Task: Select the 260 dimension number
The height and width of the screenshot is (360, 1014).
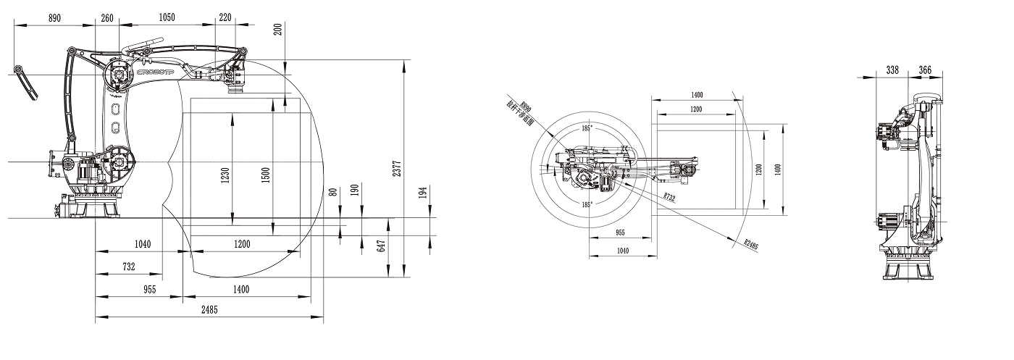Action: (107, 17)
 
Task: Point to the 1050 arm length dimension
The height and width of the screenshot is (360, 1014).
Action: (167, 17)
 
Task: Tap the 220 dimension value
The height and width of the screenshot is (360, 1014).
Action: (225, 17)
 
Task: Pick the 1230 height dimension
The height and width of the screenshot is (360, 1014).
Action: (225, 174)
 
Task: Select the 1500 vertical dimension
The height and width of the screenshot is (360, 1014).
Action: (265, 174)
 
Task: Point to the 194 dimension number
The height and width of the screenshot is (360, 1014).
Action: (423, 193)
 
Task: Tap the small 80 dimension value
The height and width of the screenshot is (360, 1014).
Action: (333, 192)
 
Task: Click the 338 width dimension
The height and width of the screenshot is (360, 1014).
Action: (892, 70)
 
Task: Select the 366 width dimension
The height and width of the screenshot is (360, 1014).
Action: (925, 70)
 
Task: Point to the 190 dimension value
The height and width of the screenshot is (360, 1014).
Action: (354, 191)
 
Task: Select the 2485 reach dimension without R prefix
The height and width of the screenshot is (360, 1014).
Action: (209, 309)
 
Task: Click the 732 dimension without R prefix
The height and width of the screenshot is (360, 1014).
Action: (128, 267)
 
